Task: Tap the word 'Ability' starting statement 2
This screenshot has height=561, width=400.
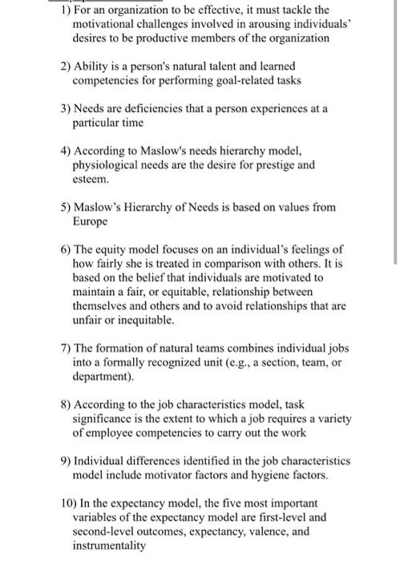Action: pos(91,67)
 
